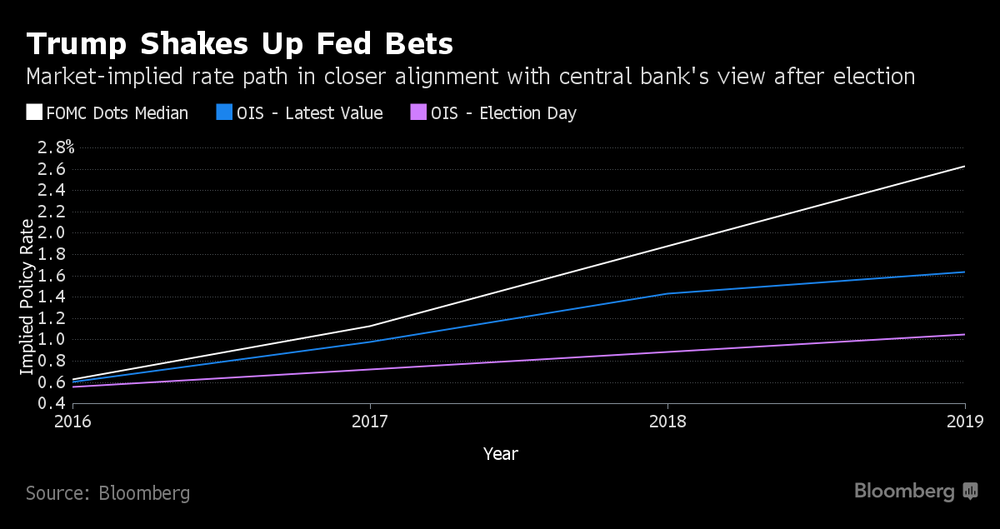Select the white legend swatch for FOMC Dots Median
pos(34,112)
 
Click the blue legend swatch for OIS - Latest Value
pos(223,112)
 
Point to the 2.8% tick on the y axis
pos(56,147)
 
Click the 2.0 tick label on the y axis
pos(52,232)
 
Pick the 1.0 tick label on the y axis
pos(52,339)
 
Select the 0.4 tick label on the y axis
pos(52,403)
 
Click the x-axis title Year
pos(501,454)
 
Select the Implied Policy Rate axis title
pos(27,297)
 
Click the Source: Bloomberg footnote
pos(107,493)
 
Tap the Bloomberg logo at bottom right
pos(915,492)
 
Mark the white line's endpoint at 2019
pos(964,167)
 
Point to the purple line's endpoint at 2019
pos(964,335)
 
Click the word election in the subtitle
pos(866,77)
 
